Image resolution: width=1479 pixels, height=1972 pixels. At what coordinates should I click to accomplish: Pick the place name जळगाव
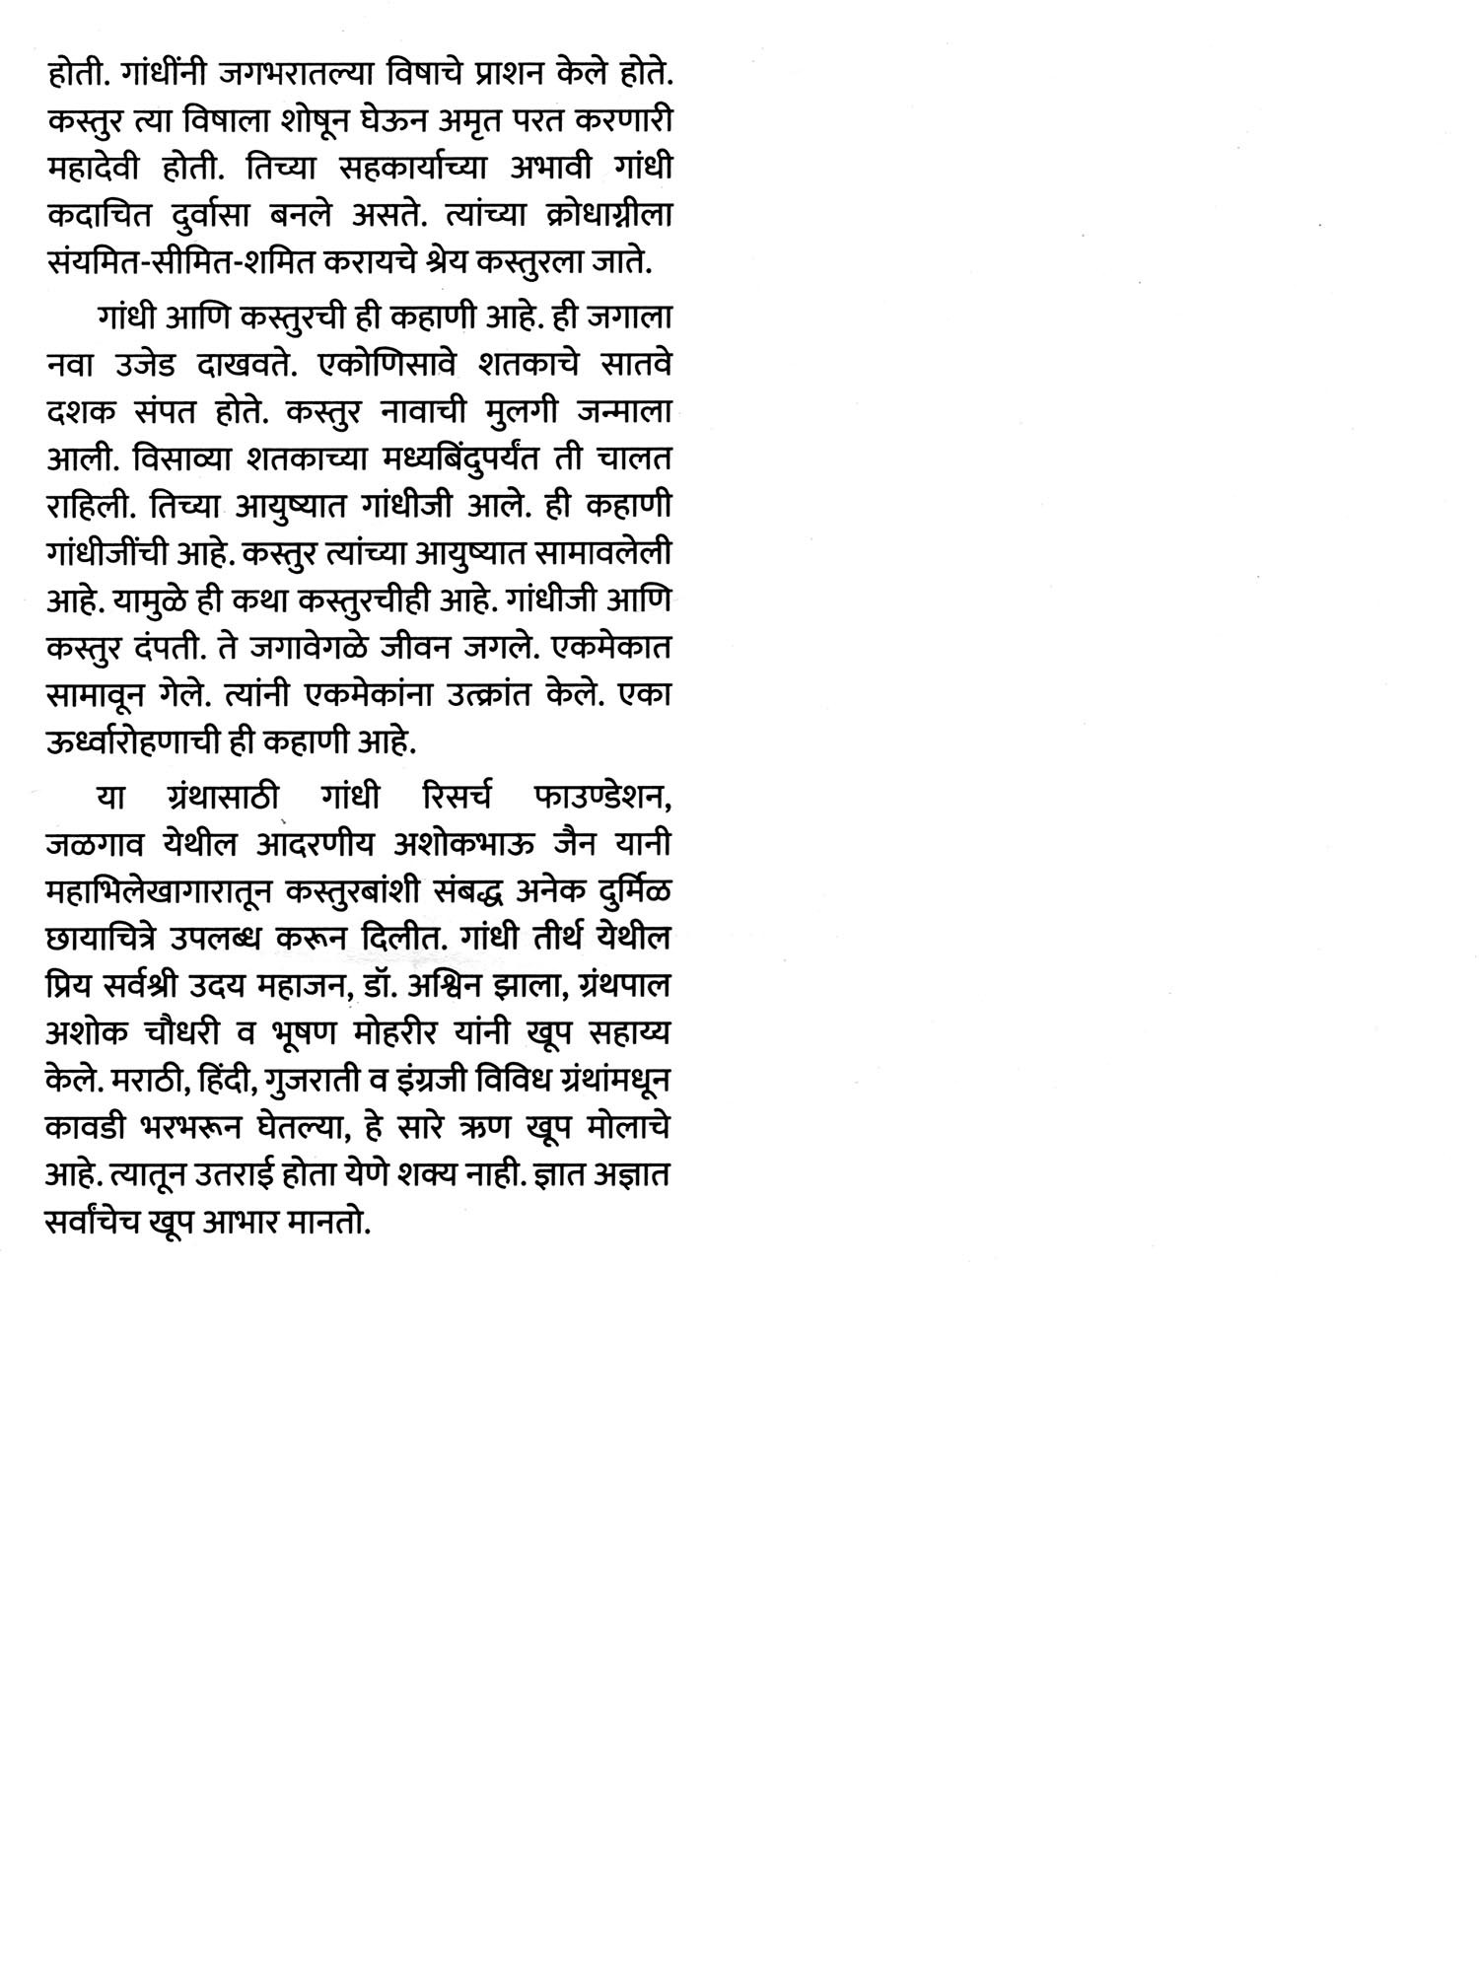pos(96,844)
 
